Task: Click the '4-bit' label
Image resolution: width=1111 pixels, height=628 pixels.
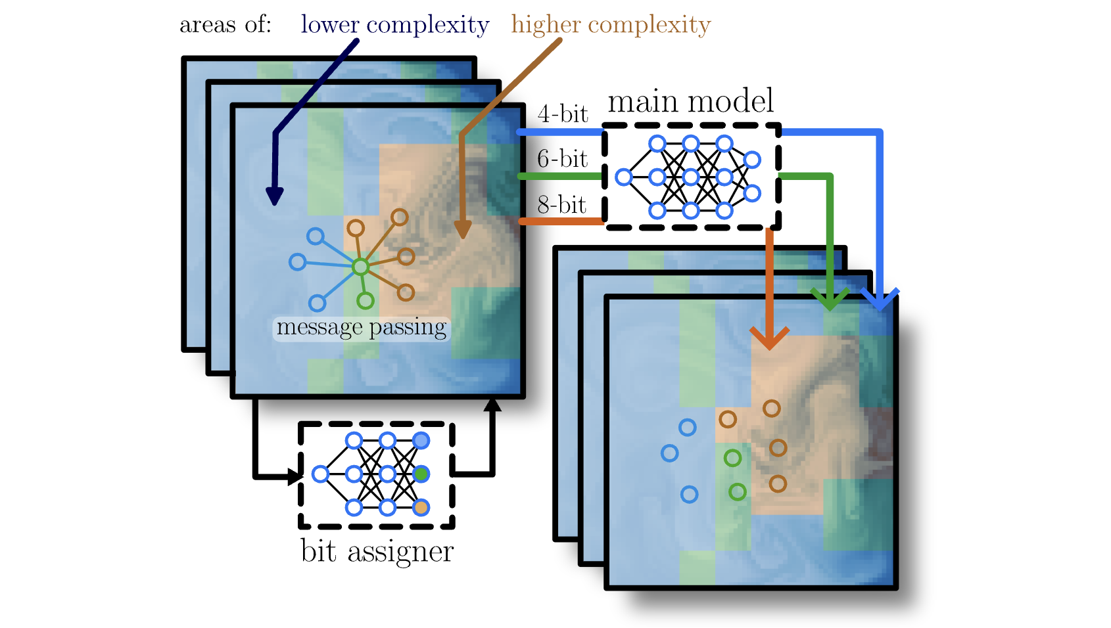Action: [562, 114]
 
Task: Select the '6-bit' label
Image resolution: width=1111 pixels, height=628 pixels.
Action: [562, 159]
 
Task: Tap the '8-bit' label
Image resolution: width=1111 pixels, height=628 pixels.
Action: [561, 205]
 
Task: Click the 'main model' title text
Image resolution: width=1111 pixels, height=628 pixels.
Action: [690, 102]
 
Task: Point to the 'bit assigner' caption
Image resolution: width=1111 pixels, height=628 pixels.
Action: [377, 551]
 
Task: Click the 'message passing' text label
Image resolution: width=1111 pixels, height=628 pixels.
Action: [362, 327]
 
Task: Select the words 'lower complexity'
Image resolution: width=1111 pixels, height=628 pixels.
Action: [394, 25]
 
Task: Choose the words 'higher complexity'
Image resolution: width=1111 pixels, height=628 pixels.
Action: [611, 25]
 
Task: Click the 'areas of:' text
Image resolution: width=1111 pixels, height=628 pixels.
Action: [225, 25]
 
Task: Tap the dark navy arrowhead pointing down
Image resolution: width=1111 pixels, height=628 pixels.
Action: [275, 196]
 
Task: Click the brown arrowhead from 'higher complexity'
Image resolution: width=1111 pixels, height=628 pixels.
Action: [463, 229]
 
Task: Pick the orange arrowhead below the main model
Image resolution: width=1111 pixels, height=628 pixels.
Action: [769, 338]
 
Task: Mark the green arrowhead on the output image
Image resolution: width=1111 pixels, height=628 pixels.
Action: [830, 299]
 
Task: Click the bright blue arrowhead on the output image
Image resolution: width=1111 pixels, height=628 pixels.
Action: [880, 300]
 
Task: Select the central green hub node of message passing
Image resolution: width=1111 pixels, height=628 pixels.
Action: [360, 267]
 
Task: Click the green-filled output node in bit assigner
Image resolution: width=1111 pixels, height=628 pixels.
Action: [421, 474]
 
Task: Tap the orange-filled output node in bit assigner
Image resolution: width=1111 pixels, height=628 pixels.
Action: [421, 507]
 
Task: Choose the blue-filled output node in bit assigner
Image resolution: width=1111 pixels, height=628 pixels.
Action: [421, 440]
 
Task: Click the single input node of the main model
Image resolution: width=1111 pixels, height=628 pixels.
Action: [624, 177]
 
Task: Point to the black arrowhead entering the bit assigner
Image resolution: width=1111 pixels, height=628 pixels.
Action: [295, 476]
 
